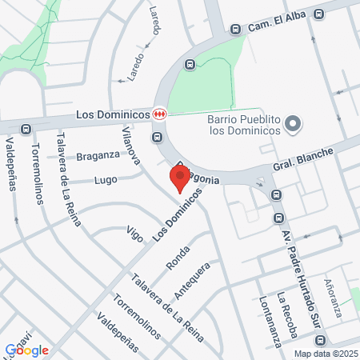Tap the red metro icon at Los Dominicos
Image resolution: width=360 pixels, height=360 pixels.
[x=160, y=114]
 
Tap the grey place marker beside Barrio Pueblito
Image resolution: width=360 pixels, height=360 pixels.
[x=293, y=123]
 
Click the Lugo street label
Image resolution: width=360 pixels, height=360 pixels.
[x=106, y=181]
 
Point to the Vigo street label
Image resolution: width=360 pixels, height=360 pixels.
[x=134, y=234]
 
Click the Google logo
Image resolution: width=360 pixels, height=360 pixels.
[x=26, y=350]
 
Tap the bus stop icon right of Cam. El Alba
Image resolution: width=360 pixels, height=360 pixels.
[x=319, y=14]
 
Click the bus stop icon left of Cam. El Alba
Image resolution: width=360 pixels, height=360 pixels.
[x=235, y=29]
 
